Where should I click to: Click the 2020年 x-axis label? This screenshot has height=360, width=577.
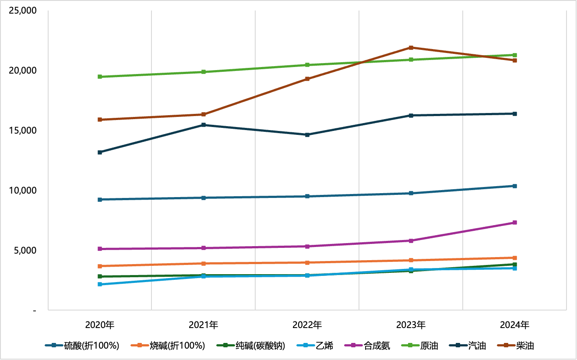(100, 325)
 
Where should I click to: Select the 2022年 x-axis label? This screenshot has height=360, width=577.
(307, 325)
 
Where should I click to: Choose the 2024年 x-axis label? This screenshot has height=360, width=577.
(515, 325)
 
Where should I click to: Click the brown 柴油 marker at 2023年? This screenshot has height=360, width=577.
(411, 48)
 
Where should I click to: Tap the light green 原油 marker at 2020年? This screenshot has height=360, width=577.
(100, 77)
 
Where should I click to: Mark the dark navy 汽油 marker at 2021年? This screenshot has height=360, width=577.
(204, 125)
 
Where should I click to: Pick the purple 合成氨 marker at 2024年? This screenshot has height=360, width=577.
(515, 222)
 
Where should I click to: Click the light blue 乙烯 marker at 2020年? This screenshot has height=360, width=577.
(100, 284)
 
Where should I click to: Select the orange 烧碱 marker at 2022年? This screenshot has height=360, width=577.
(307, 263)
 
